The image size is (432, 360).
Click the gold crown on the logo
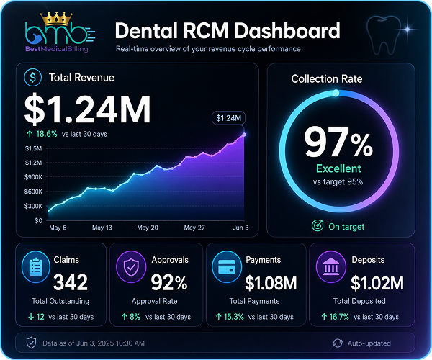(56, 18)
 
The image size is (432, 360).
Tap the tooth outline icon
(383, 35)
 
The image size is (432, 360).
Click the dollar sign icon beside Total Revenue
(33, 77)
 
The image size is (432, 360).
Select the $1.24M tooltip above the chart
(228, 118)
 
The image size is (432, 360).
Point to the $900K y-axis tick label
(33, 177)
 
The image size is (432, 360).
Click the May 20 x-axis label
(148, 228)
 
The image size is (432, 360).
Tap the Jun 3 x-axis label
(240, 228)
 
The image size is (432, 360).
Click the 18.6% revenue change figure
(46, 134)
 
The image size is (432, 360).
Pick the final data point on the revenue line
(244, 135)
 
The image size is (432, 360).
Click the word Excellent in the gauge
(338, 168)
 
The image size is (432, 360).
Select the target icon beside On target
(318, 225)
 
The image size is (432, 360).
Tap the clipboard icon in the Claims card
(36, 266)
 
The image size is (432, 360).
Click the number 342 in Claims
(71, 282)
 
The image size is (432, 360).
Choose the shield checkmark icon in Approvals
(131, 266)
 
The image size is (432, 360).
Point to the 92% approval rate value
(169, 283)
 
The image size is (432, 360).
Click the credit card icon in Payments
(227, 266)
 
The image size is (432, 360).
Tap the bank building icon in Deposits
(331, 266)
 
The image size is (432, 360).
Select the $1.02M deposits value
(377, 283)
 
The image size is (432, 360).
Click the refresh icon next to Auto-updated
(338, 343)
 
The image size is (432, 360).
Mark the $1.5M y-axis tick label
(33, 149)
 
